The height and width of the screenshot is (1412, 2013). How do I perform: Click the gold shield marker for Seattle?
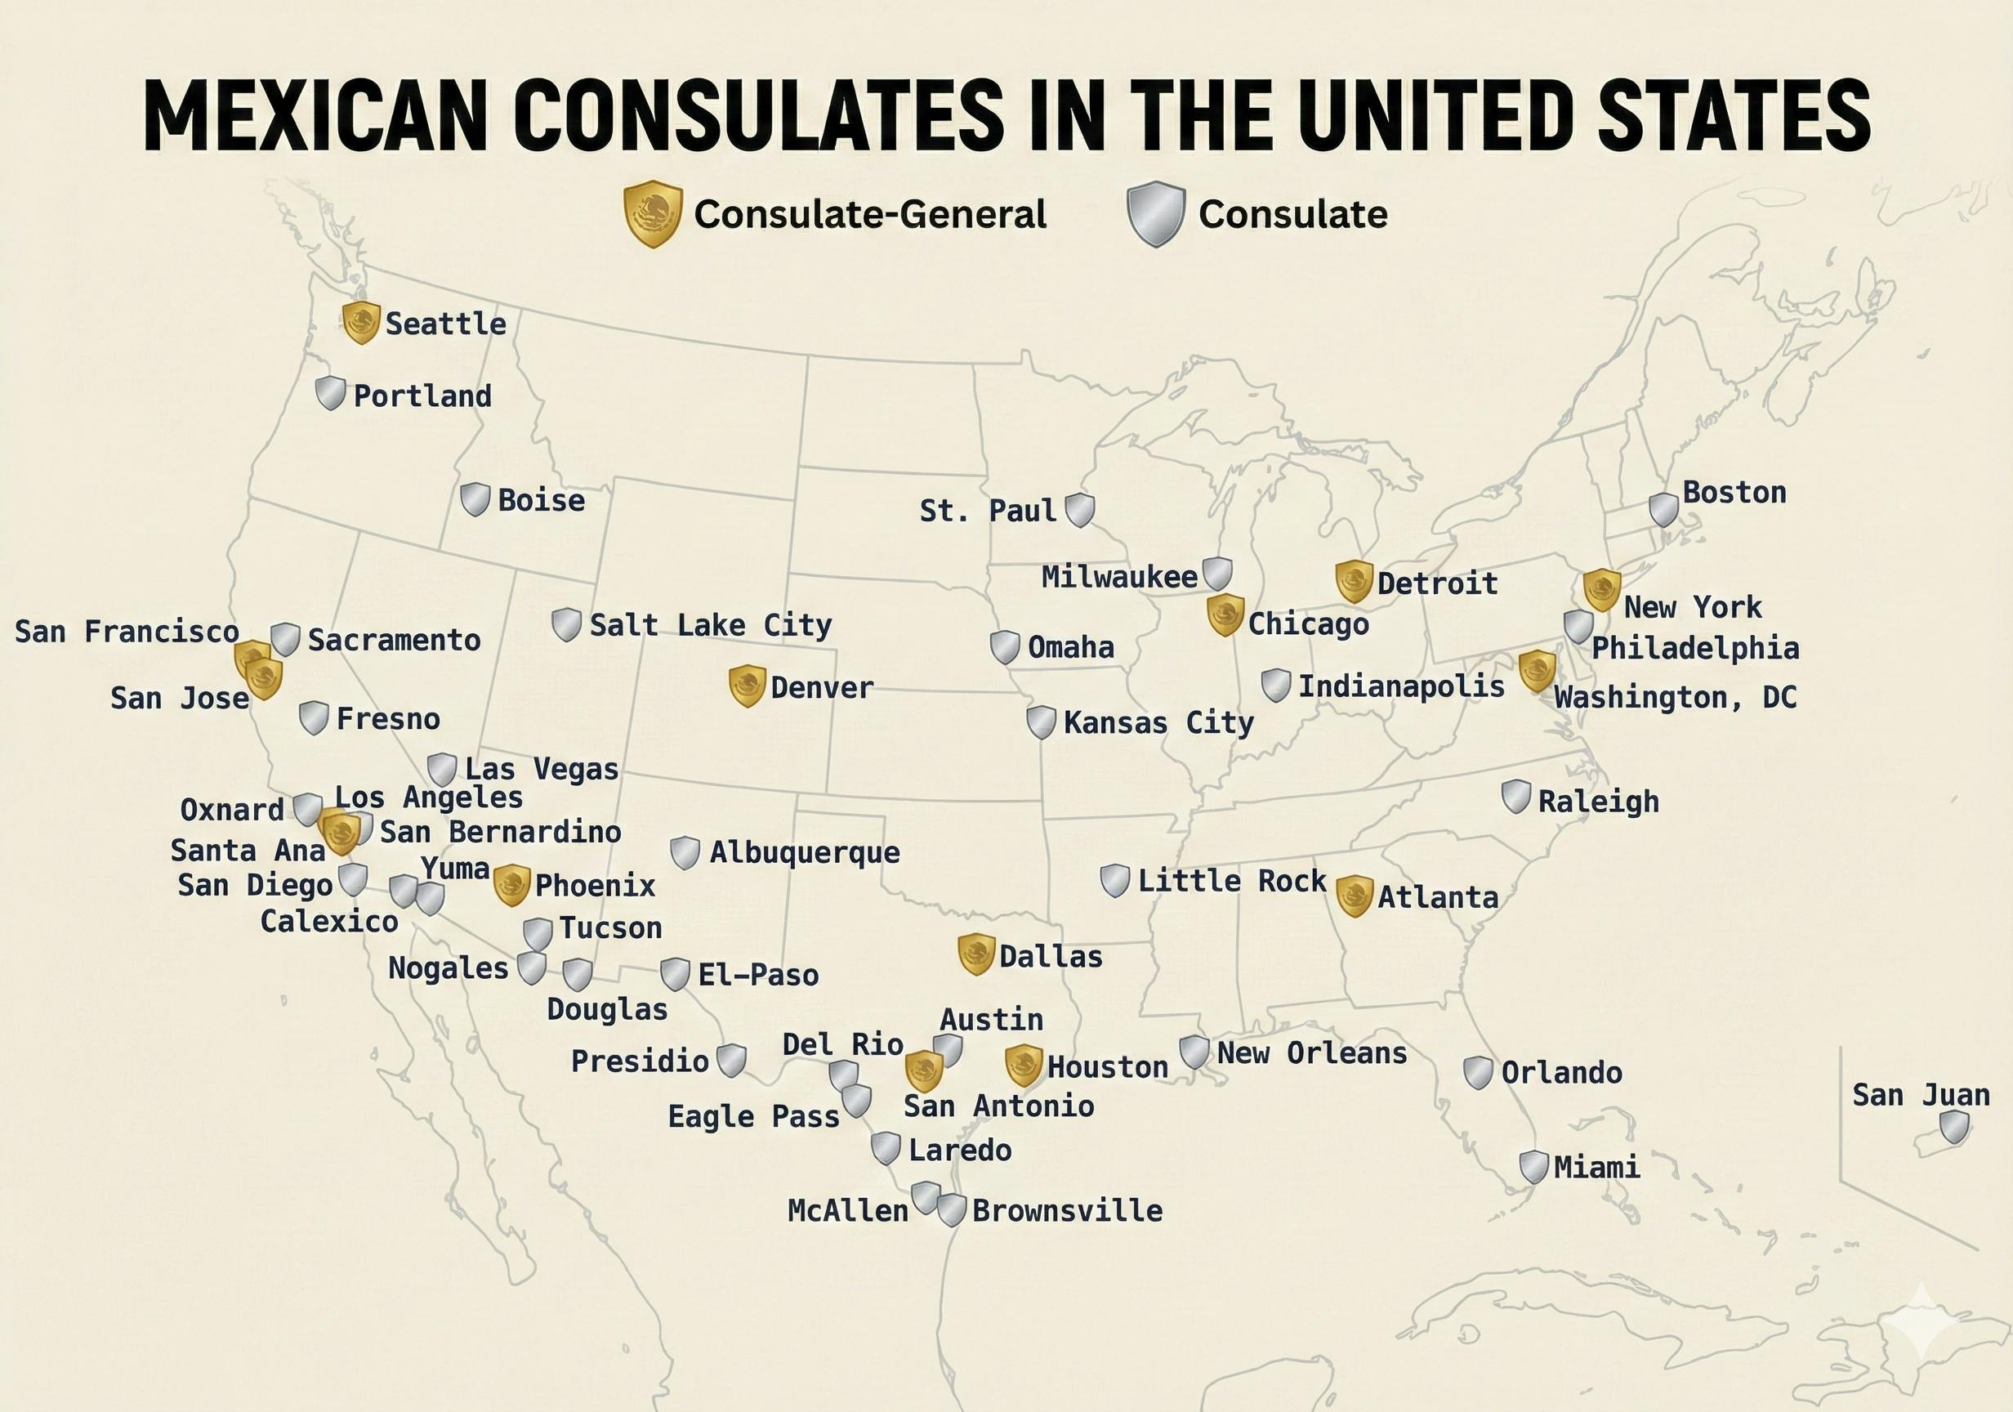(x=360, y=322)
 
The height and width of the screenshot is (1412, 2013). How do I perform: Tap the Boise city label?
(x=541, y=501)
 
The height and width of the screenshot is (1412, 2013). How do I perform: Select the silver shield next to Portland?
(x=331, y=393)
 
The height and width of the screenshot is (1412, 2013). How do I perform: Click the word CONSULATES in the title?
(x=765, y=117)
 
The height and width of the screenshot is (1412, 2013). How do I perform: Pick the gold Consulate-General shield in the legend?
(x=652, y=214)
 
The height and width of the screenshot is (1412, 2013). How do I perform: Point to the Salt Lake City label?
(x=710, y=625)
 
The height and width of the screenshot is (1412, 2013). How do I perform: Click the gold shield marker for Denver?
(x=747, y=686)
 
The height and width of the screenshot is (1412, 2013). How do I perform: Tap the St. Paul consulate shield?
(x=1079, y=510)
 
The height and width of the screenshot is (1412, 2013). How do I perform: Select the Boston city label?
(x=1734, y=493)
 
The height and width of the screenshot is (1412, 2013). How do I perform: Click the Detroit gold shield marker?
(x=1354, y=582)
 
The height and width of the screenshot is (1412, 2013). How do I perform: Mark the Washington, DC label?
(x=1675, y=698)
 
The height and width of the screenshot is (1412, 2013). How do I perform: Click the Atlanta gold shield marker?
(x=1354, y=896)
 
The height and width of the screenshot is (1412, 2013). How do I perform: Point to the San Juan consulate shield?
(x=1954, y=1127)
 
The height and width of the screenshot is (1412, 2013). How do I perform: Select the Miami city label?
(x=1596, y=1168)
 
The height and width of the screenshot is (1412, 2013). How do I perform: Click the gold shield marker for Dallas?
(x=975, y=954)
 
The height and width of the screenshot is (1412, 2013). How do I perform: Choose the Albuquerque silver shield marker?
(x=685, y=851)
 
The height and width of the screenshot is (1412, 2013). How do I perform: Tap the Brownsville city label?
(x=1067, y=1211)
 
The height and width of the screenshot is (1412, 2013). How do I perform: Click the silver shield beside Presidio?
(x=731, y=1061)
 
